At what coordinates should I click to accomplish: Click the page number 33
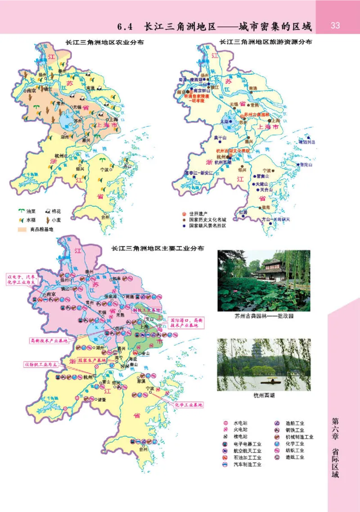tap(335, 25)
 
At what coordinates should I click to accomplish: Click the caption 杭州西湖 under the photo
tap(264, 396)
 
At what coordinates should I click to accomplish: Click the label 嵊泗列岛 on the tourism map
tap(308, 142)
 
